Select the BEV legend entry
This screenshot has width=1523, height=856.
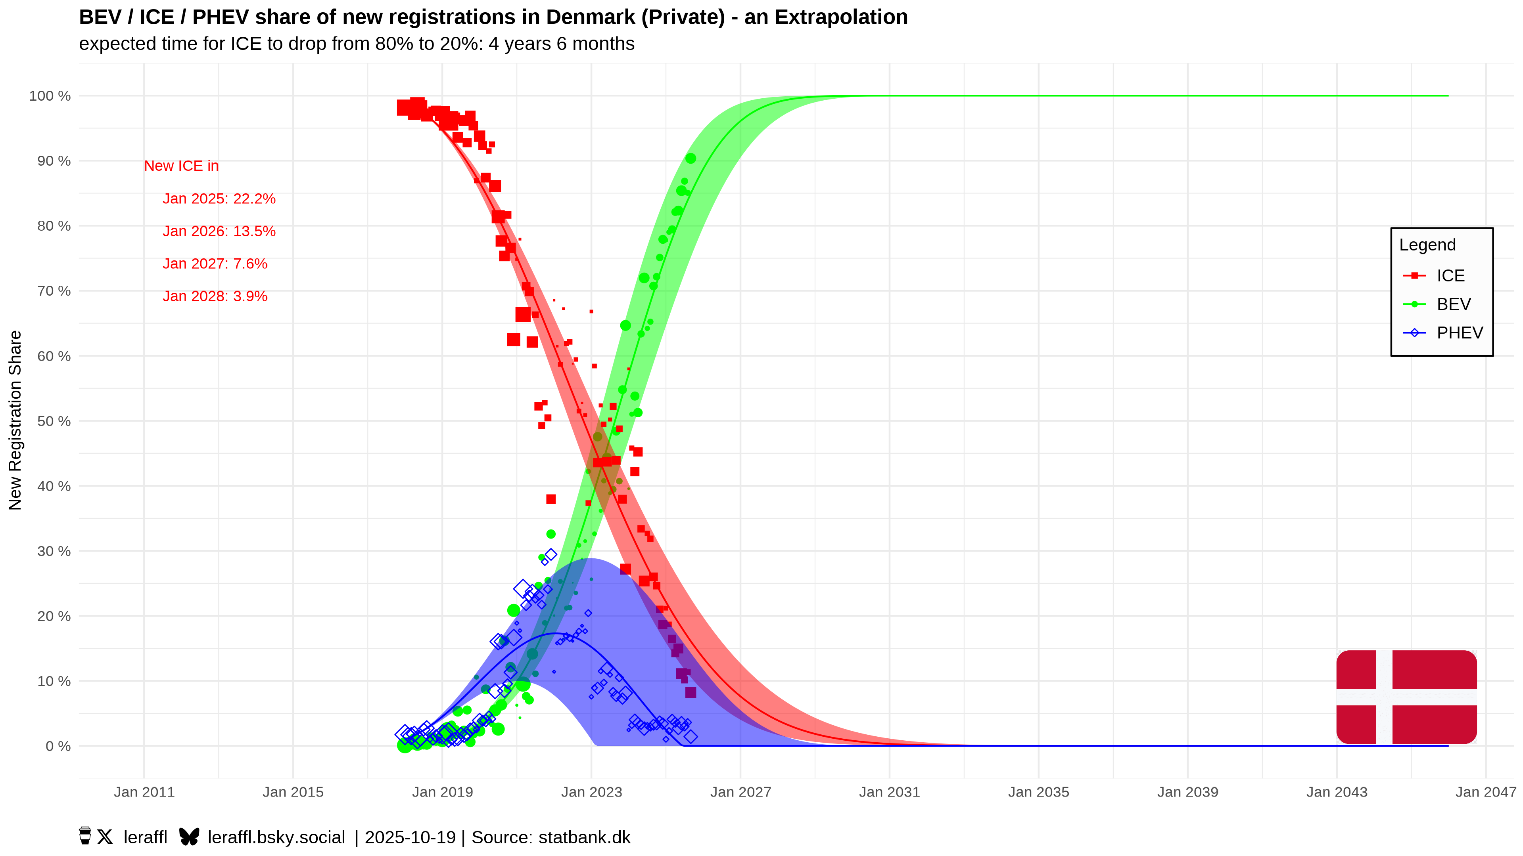[1453, 304]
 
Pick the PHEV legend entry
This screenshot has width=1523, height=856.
[1459, 332]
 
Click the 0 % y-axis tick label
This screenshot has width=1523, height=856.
[58, 746]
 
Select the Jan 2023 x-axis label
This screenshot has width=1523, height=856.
[591, 792]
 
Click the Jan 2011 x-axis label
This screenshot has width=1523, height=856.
[144, 792]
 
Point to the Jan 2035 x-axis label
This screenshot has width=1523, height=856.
[1038, 792]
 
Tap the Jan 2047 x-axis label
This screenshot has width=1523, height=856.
[1485, 792]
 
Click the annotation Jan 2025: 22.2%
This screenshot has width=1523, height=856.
[219, 199]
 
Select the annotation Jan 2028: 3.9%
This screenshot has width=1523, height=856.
[215, 296]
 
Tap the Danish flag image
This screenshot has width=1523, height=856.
[1406, 697]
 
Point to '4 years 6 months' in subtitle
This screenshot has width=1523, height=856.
[561, 44]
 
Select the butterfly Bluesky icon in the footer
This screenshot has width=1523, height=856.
[189, 837]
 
